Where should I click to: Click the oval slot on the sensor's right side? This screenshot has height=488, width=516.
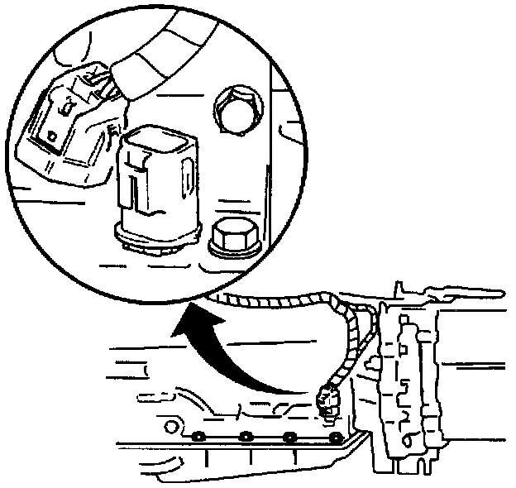[x=189, y=178]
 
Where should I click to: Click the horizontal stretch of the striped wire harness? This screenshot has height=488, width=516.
[x=265, y=297]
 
